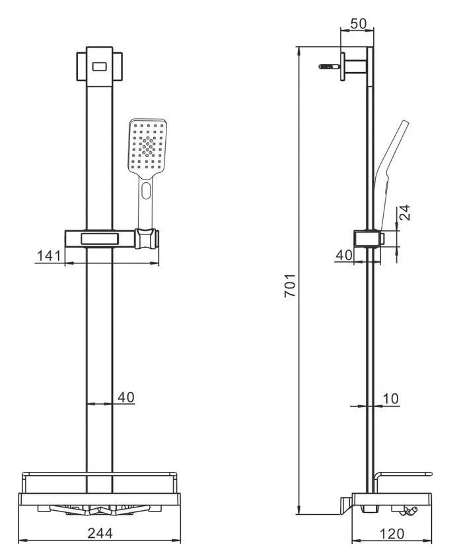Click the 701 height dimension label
[x=289, y=285]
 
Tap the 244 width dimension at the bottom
[x=100, y=533]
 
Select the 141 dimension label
[x=49, y=255]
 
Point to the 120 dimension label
[x=392, y=534]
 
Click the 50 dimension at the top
[x=358, y=24]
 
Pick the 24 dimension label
[x=405, y=213]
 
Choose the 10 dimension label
[x=391, y=399]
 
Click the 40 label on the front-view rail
[x=126, y=397]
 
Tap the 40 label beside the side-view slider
[x=344, y=255]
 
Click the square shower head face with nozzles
[x=147, y=147]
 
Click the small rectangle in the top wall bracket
[x=100, y=67]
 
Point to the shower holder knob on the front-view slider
[x=147, y=238]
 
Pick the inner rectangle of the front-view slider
[x=100, y=239]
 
